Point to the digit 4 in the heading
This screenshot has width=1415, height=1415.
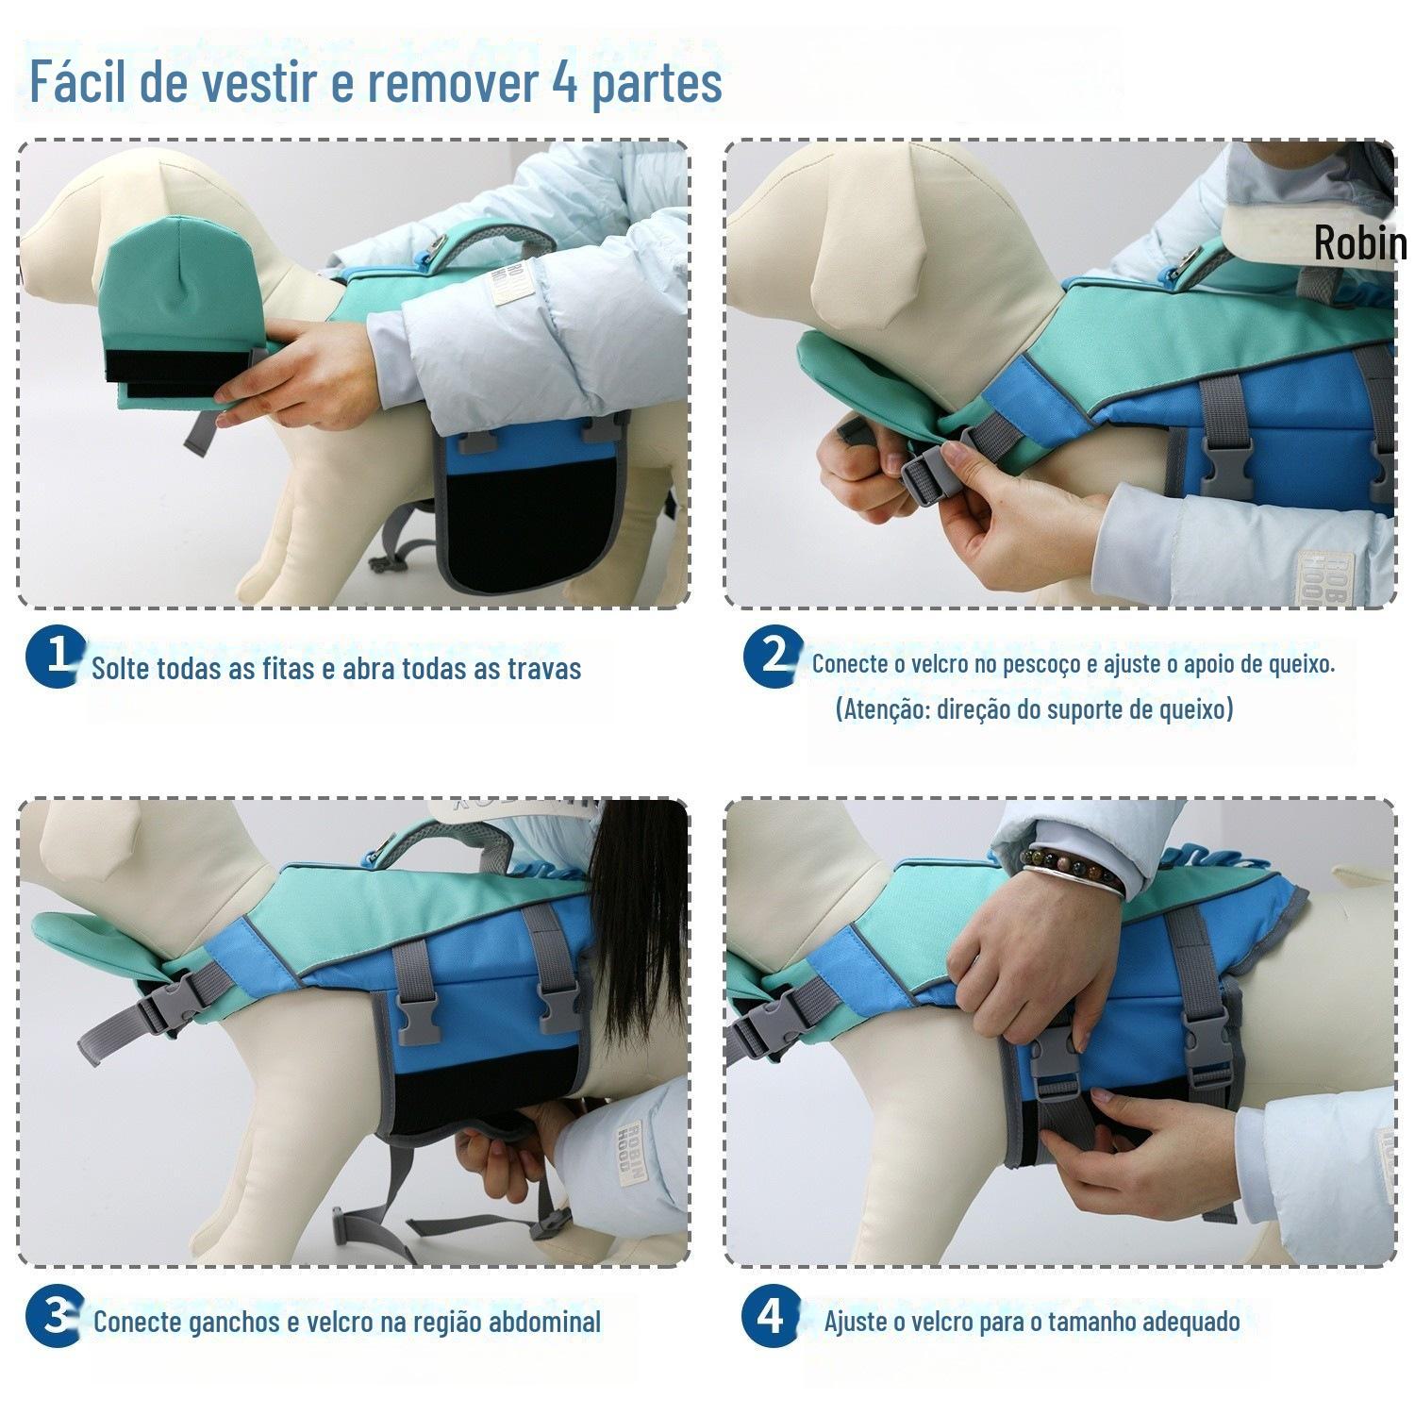[x=565, y=83]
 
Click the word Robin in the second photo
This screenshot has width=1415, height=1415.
[x=1359, y=243]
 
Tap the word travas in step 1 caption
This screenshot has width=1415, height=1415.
[x=544, y=668]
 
